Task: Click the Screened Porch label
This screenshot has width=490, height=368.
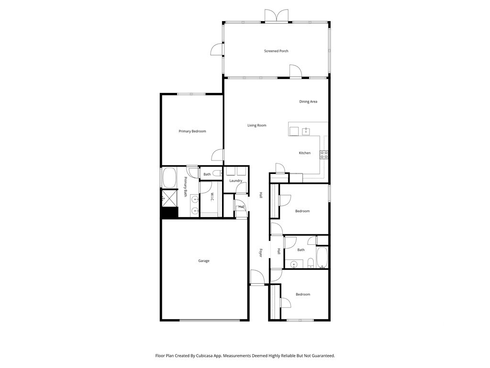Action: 276,51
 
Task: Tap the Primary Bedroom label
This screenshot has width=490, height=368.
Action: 192,131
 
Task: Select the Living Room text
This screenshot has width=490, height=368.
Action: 257,126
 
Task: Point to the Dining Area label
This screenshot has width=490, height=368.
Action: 308,102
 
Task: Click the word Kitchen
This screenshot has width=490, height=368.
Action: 305,153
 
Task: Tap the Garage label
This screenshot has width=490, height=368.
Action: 204,261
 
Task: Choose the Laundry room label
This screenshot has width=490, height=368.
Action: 235,181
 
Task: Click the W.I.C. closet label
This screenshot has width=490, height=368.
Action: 212,197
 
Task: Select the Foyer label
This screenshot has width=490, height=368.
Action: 260,253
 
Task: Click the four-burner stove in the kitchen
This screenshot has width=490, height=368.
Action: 324,154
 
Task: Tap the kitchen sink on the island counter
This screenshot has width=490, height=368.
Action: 306,131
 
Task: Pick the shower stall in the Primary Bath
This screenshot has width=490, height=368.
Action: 169,198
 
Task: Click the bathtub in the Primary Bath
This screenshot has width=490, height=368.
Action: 169,178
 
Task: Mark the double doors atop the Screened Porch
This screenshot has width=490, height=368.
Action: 277,16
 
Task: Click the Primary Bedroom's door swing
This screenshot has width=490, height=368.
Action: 217,155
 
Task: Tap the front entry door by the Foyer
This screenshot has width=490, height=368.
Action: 257,277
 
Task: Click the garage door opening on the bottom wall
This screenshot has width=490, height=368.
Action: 210,320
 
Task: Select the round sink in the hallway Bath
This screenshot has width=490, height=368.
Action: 294,264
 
